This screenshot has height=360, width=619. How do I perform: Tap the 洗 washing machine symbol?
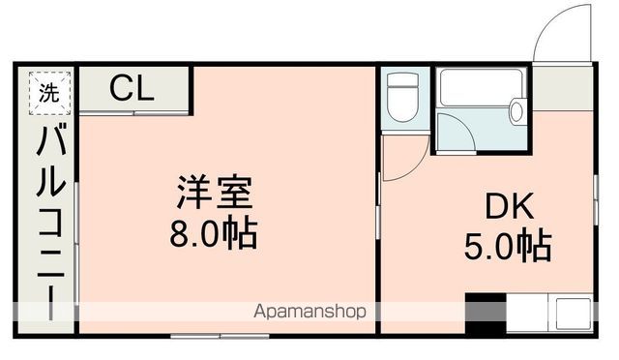pos(49,93)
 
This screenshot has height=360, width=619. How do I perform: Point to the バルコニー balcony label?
pos(50,222)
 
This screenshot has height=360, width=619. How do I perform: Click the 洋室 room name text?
pos(215,192)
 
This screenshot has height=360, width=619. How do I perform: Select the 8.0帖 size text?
pos(214,233)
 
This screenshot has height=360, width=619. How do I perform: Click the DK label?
pos(510,206)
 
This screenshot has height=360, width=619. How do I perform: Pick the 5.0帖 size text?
pos(508,247)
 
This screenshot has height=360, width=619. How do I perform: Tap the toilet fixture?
pos(402,97)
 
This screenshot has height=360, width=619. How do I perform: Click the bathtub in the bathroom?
pos(481,88)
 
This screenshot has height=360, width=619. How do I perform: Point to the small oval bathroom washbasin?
pos(516,112)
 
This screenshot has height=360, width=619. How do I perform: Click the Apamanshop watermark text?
pos(309,312)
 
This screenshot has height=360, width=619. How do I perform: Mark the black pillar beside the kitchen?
pos(486,315)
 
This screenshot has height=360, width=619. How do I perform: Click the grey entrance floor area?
pos(563,88)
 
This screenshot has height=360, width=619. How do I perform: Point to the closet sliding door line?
pos(134,114)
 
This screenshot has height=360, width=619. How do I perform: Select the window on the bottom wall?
pos(220,336)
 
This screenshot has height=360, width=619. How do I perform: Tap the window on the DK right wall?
pos(596,201)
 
